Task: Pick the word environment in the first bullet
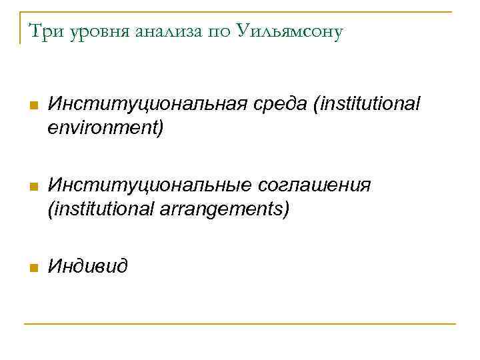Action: (105, 127)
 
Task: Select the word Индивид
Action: (88, 267)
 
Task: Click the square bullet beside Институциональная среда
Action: (31, 107)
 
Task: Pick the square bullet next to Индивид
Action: (31, 268)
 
